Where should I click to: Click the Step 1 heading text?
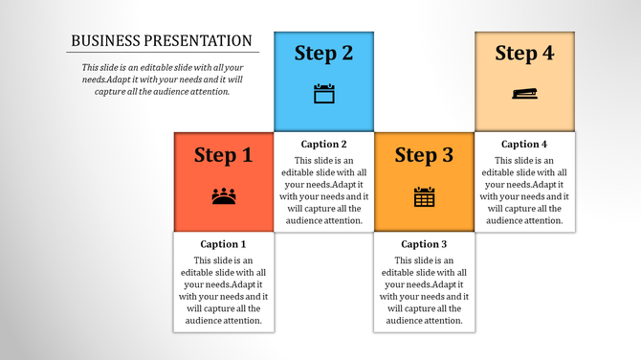pos(223,155)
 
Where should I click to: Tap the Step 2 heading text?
pos(323,54)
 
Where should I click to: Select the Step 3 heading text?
pos(424,155)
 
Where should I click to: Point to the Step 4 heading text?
pos(524,54)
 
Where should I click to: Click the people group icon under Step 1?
pos(224,196)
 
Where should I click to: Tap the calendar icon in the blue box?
pos(323,94)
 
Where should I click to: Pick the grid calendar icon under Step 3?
pos(424,197)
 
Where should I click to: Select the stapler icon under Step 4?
pos(524,93)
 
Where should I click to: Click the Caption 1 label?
pos(223,244)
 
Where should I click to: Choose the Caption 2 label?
pos(323,145)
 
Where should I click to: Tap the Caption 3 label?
pos(424,244)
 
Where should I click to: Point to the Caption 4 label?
pos(524,145)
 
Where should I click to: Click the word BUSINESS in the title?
pos(104,41)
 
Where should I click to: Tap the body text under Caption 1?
pos(223,290)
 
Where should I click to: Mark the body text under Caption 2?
pos(323,191)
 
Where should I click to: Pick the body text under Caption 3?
pos(424,290)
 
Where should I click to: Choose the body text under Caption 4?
pos(524,191)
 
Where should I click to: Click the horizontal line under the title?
pos(163,52)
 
